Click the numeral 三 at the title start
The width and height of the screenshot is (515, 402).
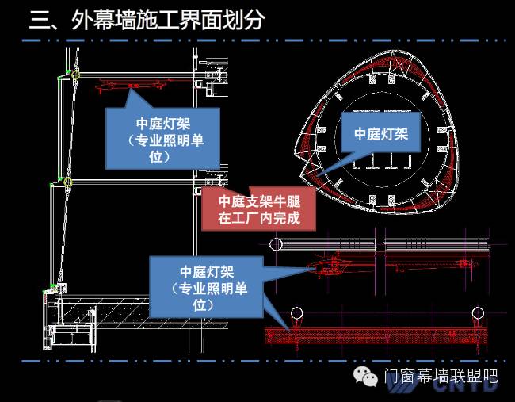[40, 20]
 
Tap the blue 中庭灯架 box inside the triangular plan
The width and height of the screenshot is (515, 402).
[381, 134]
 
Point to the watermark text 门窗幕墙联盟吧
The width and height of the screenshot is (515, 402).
[441, 377]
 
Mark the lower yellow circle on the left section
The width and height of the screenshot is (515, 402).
[68, 182]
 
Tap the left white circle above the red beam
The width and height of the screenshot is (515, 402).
[297, 312]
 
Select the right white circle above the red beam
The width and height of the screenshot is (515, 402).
[478, 312]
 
